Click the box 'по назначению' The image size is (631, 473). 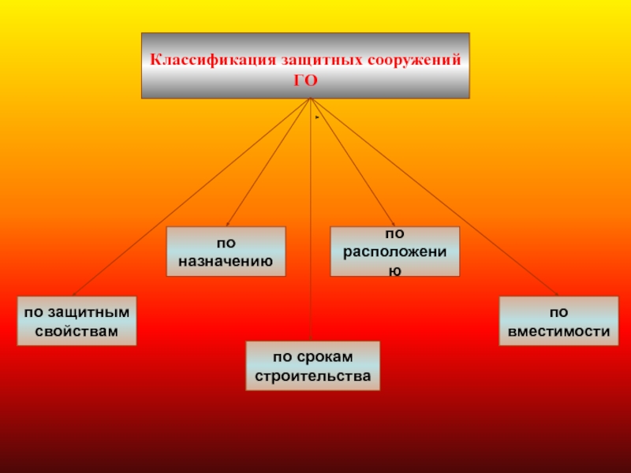click(x=226, y=251)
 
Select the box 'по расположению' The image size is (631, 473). click(x=394, y=251)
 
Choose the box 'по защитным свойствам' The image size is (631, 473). click(x=77, y=321)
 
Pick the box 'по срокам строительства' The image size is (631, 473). click(x=312, y=366)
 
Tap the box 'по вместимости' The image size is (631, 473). click(x=558, y=321)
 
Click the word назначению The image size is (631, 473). click(x=226, y=260)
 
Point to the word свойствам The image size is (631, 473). click(x=77, y=330)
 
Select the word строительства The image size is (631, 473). click(x=312, y=376)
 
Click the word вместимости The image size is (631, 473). click(x=558, y=331)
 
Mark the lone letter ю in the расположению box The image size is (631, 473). click(x=394, y=270)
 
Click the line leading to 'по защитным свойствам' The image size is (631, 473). click(x=189, y=198)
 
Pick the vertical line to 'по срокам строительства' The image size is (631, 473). click(x=311, y=236)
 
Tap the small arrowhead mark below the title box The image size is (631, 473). click(x=315, y=117)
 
